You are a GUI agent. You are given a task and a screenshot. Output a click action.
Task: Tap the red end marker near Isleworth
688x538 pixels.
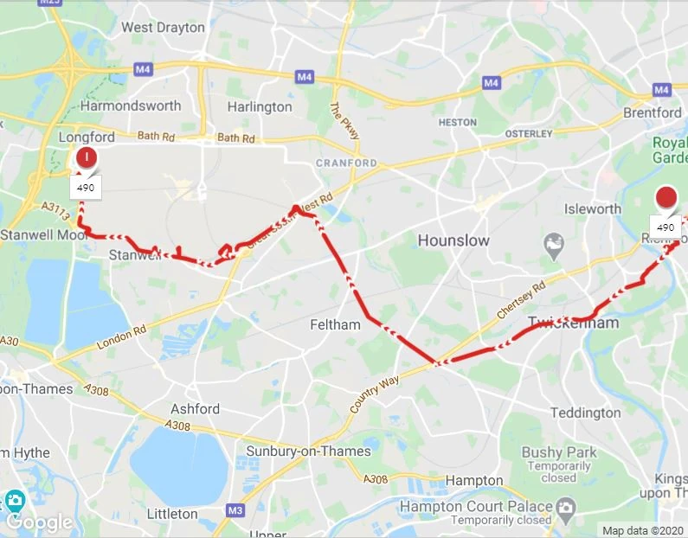tap(666, 197)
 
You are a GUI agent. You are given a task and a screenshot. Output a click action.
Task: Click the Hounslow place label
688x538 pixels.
tap(453, 240)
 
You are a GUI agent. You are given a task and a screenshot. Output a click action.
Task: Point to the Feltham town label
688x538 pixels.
tap(335, 325)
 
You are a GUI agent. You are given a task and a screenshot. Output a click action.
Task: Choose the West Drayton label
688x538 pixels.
tap(163, 28)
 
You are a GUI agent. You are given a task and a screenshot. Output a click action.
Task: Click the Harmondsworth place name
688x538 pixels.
tap(131, 106)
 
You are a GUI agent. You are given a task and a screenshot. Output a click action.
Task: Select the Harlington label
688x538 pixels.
tap(260, 107)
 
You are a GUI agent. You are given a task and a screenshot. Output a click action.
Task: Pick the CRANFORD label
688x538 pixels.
tap(346, 163)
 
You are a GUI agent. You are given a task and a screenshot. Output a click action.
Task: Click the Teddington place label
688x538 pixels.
tap(586, 413)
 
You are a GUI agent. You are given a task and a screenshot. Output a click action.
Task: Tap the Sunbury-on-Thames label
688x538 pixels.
tap(309, 451)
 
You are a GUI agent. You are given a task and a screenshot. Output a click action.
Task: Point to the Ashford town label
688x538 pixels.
tap(196, 408)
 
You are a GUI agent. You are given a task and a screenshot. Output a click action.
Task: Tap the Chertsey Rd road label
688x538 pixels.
tap(522, 299)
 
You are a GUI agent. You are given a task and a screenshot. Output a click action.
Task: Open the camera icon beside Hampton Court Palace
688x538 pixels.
tap(565, 506)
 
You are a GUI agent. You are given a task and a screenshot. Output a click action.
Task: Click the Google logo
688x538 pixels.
tap(39, 522)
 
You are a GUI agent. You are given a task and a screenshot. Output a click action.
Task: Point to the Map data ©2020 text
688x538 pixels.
tap(641, 530)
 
